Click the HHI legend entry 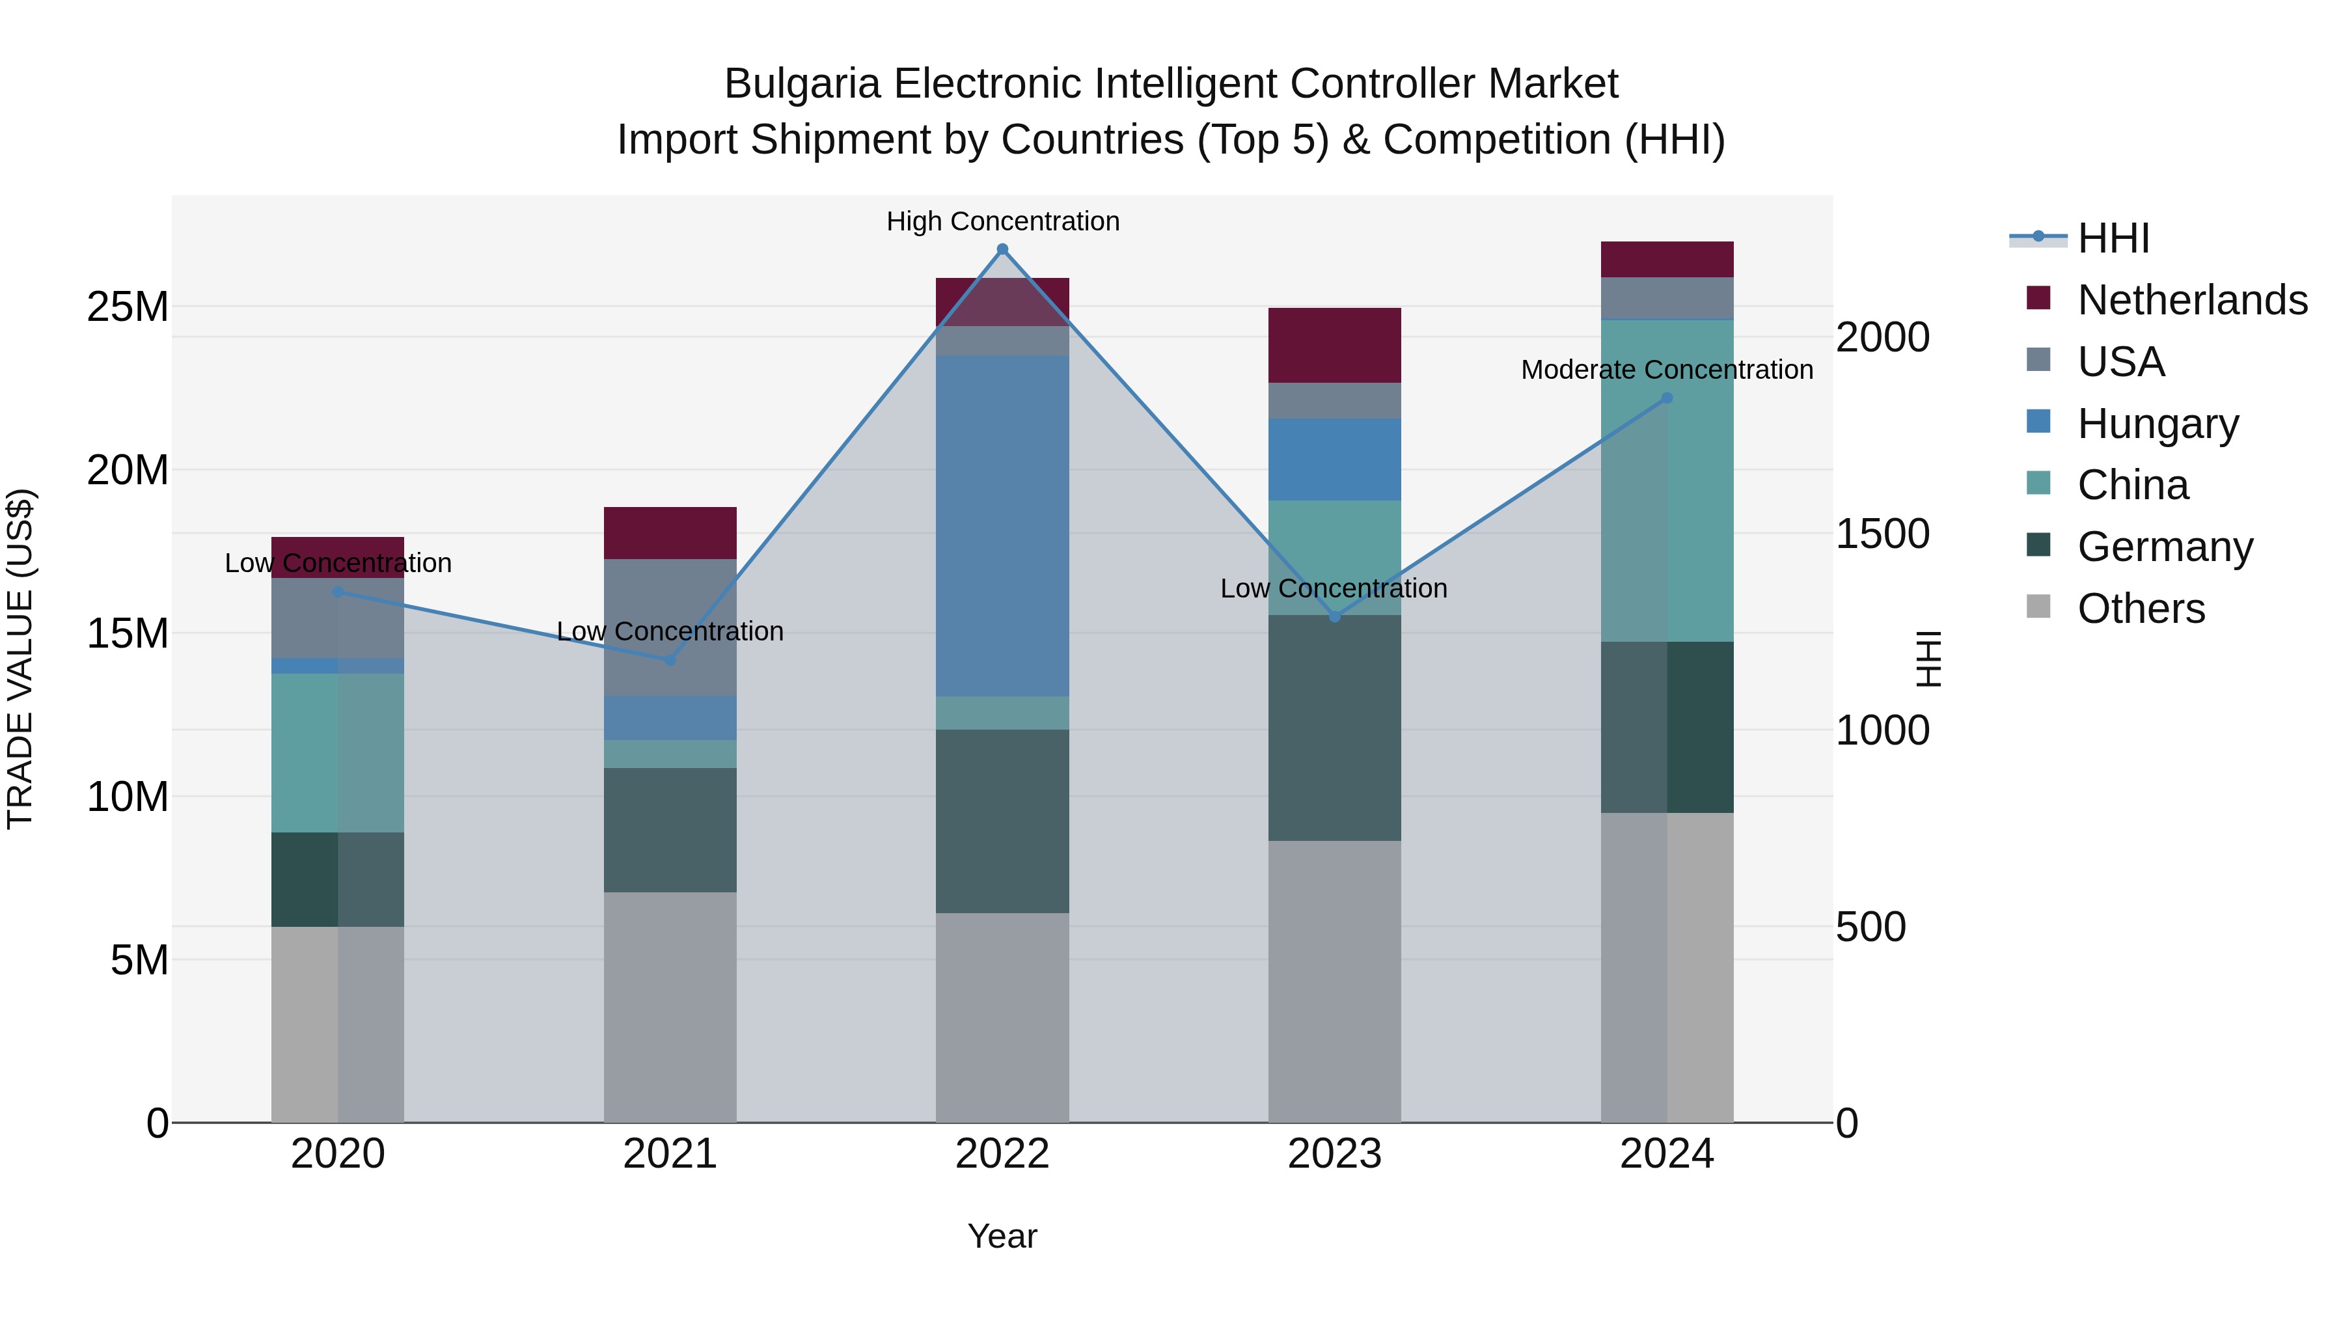(x=2113, y=238)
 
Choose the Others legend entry (x=2140, y=609)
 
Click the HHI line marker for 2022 (x=1002, y=249)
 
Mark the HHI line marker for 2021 (x=670, y=659)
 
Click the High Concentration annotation (x=1002, y=221)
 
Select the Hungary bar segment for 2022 (x=1002, y=526)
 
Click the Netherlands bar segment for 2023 (x=1334, y=346)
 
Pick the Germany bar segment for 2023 (x=1334, y=728)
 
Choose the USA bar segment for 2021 (x=670, y=627)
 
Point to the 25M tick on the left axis (x=128, y=307)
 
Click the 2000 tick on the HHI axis (x=1882, y=337)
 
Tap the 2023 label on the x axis (x=1334, y=1154)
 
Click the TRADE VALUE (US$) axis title (x=20, y=659)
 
